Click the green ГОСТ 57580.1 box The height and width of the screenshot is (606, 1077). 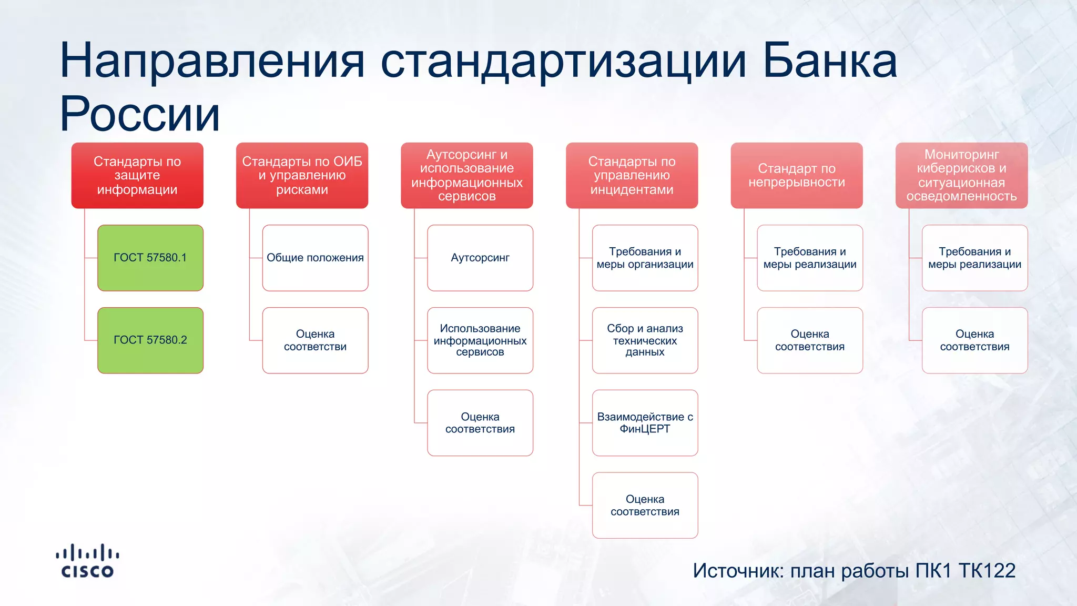(x=150, y=258)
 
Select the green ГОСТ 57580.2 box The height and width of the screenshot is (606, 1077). (x=150, y=340)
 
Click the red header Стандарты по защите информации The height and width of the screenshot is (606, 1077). (x=137, y=175)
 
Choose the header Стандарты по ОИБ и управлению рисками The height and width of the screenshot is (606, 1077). (x=302, y=175)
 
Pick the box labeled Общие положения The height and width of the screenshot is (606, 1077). (x=315, y=258)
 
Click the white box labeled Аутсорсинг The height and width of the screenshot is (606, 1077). (x=480, y=258)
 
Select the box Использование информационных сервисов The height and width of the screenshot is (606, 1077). (x=480, y=340)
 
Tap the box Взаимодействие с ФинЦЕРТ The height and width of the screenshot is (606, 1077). (x=645, y=422)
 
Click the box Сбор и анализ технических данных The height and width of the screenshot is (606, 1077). (x=645, y=340)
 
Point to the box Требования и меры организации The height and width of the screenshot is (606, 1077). (x=645, y=258)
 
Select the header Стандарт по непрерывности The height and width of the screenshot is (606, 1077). (x=797, y=175)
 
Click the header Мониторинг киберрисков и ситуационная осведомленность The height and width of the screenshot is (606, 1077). (x=961, y=175)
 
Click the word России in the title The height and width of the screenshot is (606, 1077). (x=139, y=114)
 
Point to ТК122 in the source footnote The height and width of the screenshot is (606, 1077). (x=987, y=571)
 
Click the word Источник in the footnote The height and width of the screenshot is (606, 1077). (x=738, y=571)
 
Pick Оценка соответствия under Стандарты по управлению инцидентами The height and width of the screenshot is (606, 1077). (x=645, y=505)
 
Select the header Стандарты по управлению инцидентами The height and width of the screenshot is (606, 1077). (x=632, y=175)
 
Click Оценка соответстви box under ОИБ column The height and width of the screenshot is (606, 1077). (x=315, y=340)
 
